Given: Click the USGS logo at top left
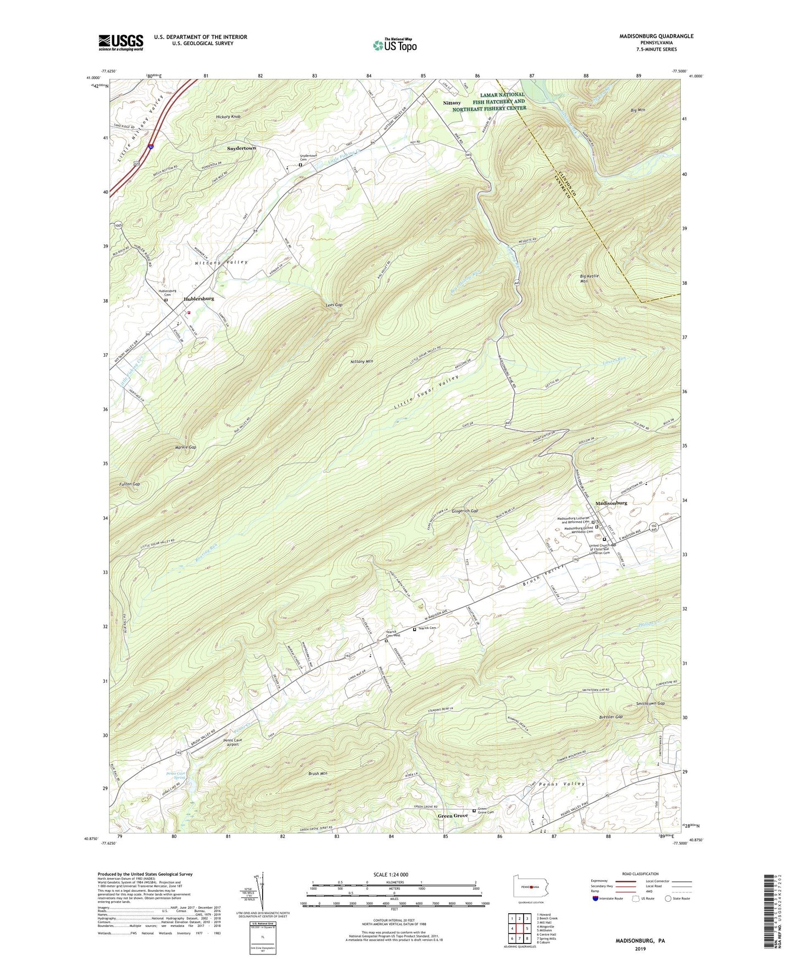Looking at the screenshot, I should click(x=120, y=42).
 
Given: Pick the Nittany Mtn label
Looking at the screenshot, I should click(x=362, y=362).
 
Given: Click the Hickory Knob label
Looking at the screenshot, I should click(x=228, y=117).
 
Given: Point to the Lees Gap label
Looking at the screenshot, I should click(x=334, y=305).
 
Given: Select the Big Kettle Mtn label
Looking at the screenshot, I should click(x=589, y=278).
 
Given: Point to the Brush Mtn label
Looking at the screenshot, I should click(x=318, y=774).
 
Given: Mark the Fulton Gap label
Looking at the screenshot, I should click(x=130, y=484).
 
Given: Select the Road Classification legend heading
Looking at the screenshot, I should click(x=640, y=874).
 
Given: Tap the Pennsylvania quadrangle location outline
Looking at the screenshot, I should click(x=530, y=887).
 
